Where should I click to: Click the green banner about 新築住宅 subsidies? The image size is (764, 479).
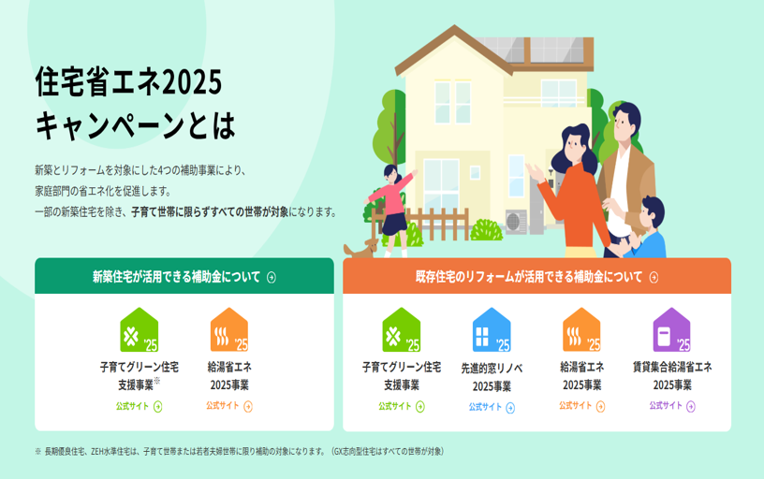[184, 276]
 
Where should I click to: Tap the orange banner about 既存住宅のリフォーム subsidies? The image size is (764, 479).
[536, 276]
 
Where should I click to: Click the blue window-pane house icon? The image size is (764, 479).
[492, 330]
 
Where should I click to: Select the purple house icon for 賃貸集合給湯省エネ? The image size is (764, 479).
[672, 330]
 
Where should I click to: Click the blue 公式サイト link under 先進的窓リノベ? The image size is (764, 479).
[492, 408]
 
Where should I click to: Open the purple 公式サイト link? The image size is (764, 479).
[672, 406]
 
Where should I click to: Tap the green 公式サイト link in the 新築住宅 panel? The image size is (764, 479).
[139, 406]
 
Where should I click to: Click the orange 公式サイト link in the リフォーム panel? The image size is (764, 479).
[581, 406]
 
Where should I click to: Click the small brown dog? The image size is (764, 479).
[361, 249]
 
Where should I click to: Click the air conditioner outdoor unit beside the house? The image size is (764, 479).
[516, 222]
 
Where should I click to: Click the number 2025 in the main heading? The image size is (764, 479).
[192, 82]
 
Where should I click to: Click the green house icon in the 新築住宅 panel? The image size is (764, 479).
[139, 330]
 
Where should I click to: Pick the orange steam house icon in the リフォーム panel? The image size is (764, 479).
[581, 330]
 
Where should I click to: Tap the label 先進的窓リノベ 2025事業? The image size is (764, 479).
[492, 377]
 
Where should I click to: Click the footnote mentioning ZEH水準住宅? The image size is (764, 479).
[240, 451]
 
